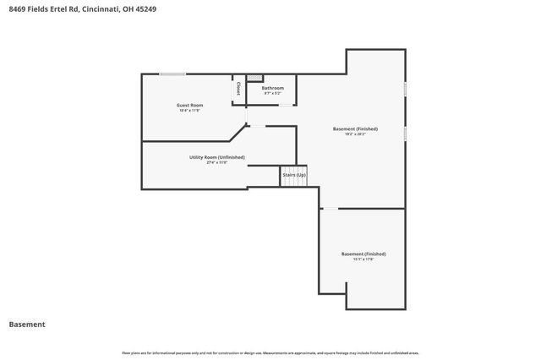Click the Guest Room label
pyautogui.click(x=190, y=105)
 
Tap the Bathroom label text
pyautogui.click(x=272, y=88)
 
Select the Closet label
pyautogui.click(x=238, y=88)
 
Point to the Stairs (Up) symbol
pyautogui.click(x=294, y=176)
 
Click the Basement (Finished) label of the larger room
pyautogui.click(x=355, y=128)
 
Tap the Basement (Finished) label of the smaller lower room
pyautogui.click(x=363, y=254)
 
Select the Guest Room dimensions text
pyautogui.click(x=190, y=111)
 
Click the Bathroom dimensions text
pyautogui.click(x=272, y=94)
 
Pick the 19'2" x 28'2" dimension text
pyautogui.click(x=355, y=134)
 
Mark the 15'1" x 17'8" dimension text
pyautogui.click(x=363, y=259)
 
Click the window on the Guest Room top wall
pyautogui.click(x=173, y=74)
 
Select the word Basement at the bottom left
pyautogui.click(x=27, y=324)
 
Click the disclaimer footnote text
pyautogui.click(x=270, y=352)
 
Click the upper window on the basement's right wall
pyautogui.click(x=405, y=88)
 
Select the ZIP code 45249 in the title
pyautogui.click(x=145, y=9)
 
